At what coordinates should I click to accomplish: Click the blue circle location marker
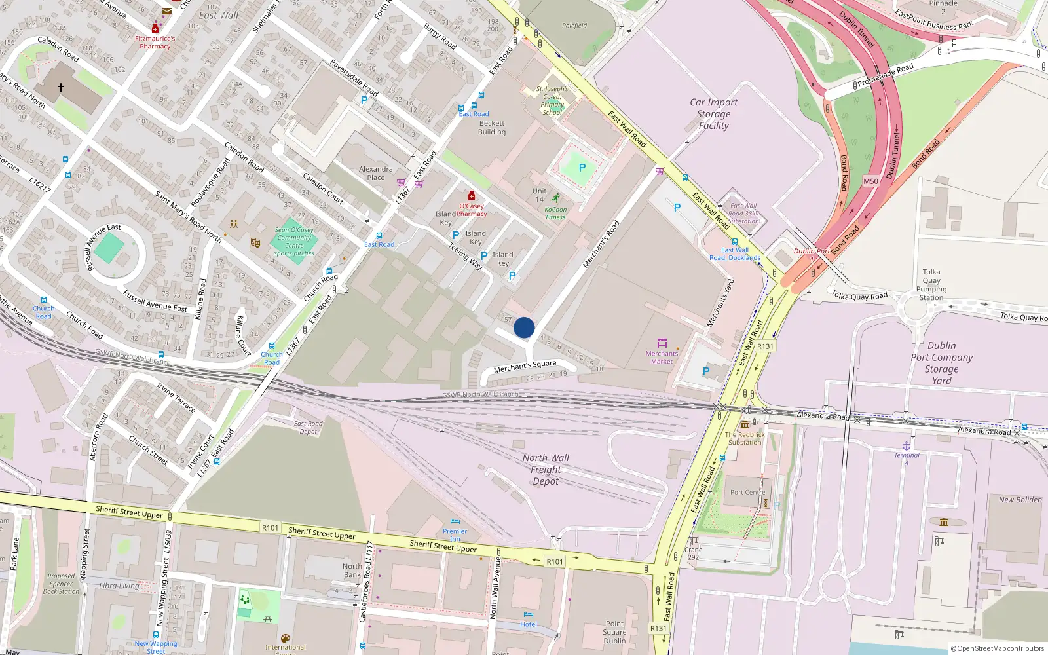point(524,327)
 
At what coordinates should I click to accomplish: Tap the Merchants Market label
point(662,357)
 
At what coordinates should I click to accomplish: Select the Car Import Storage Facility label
point(713,114)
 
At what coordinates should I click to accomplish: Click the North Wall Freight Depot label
point(546,470)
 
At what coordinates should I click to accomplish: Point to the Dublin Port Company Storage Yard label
point(941,363)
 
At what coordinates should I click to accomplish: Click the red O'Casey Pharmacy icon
point(471,195)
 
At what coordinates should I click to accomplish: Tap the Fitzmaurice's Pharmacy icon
point(155,28)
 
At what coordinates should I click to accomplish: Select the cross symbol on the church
point(61,87)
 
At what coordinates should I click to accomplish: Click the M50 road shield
point(870,181)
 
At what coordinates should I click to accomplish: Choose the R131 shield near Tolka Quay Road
point(765,346)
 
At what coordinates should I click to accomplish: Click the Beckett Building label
point(492,128)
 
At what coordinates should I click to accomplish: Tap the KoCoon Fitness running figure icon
point(555,198)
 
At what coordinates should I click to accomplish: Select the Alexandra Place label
point(376,173)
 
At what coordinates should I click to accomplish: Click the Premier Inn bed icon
point(455,522)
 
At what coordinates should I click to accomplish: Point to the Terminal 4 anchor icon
point(907,446)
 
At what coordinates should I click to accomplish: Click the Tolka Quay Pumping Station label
point(931,285)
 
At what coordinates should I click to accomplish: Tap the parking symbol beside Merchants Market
point(706,371)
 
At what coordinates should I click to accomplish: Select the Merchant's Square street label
point(525,366)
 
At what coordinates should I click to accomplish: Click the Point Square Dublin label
point(614,632)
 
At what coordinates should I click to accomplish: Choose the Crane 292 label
point(693,553)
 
